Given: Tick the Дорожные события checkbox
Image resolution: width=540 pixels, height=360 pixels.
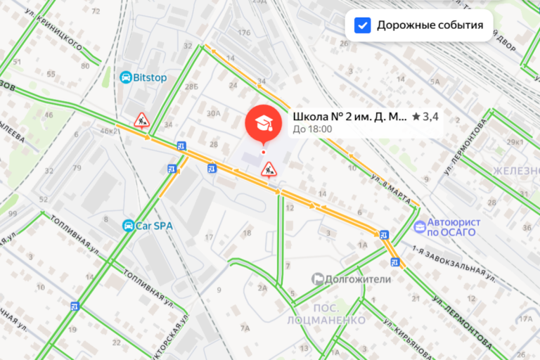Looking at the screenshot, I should [x=363, y=25].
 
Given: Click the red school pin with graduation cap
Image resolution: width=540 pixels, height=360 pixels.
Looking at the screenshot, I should [x=263, y=125].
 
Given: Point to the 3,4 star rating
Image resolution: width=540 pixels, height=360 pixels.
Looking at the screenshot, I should [x=425, y=117].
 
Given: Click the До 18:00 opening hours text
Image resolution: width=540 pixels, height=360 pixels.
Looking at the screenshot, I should [x=312, y=129].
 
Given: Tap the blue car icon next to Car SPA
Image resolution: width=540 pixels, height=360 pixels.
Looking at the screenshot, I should [x=128, y=226].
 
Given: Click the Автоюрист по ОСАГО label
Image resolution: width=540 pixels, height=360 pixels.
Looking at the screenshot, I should [x=454, y=226].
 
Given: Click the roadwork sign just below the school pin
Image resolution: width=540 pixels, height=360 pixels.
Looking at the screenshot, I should [x=268, y=169].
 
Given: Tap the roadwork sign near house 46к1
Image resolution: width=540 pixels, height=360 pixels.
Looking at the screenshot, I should [x=142, y=120].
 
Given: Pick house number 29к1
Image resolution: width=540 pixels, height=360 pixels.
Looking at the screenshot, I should [x=515, y=143].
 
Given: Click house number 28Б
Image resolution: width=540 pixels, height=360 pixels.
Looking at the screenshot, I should [x=192, y=87].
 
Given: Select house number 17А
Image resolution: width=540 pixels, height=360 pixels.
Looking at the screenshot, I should [x=526, y=319].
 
